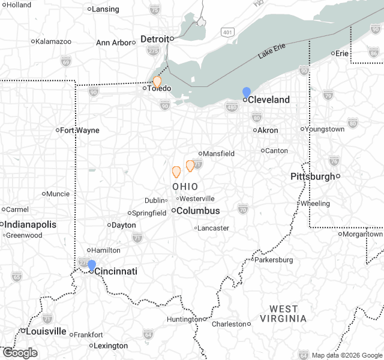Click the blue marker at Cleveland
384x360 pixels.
[x=247, y=92]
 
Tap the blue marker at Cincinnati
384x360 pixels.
[x=92, y=265]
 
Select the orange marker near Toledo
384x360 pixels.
[x=157, y=82]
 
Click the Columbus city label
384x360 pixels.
[x=198, y=211]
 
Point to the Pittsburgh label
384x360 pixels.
[x=312, y=176]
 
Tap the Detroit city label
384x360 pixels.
[x=154, y=39]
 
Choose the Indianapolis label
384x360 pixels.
[x=31, y=224]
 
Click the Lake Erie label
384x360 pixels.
[x=274, y=51]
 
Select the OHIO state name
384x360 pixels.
[x=185, y=187]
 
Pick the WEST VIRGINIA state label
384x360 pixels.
[x=287, y=314]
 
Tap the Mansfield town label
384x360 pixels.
[x=218, y=154]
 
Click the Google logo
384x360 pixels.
[x=20, y=353]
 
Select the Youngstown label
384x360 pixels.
[x=325, y=129]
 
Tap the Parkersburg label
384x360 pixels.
[x=274, y=260]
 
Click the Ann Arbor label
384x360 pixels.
[x=113, y=43]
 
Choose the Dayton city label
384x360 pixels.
[x=124, y=225]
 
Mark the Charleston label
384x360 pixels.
[x=229, y=324]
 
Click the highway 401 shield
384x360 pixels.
[x=227, y=31]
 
